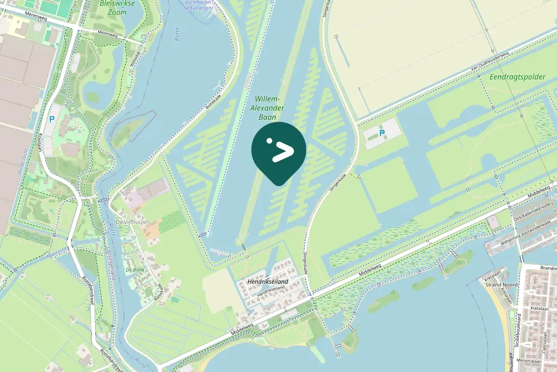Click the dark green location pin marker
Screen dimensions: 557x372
pos(279,151)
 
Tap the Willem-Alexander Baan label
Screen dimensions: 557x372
pos(268,108)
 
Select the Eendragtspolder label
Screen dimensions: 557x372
pos(517,77)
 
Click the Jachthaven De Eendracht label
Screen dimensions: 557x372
pos(198,6)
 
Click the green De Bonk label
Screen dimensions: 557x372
pos(135,269)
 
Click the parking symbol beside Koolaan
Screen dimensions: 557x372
pos(51,119)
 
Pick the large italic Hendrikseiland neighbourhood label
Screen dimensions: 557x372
pos(268,282)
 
